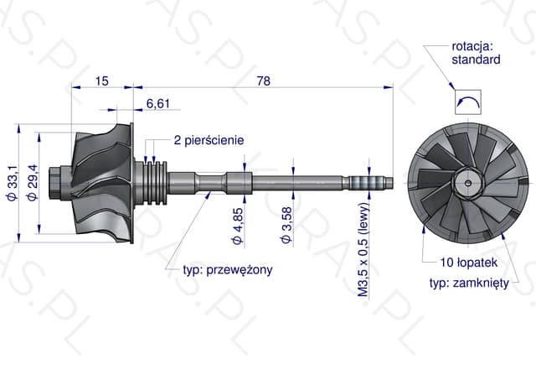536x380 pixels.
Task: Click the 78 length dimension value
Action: point(263,81)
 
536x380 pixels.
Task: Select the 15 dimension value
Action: point(102,81)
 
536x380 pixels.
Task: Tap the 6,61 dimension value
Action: point(158,103)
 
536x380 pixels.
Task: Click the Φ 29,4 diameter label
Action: point(33,183)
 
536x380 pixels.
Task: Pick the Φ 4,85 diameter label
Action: point(238,226)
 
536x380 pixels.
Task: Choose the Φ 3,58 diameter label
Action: point(287,225)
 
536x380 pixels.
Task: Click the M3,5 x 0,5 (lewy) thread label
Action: point(364,250)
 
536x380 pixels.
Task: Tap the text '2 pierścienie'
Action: point(209,140)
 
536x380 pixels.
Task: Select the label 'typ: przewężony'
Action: point(228,270)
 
